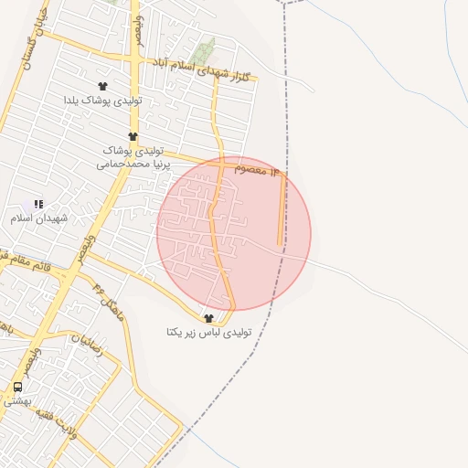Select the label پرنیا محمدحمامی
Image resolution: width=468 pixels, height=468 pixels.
click(x=135, y=165)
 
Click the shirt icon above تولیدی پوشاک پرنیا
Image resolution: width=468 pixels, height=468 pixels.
click(x=133, y=136)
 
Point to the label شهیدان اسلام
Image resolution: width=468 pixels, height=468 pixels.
click(x=35, y=218)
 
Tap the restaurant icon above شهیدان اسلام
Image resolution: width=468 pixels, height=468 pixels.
click(x=37, y=204)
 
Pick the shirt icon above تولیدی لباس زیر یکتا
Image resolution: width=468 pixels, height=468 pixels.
click(x=209, y=317)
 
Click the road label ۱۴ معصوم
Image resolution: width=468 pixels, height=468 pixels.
click(x=261, y=171)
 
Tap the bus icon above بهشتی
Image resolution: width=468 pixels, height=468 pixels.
click(x=17, y=387)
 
